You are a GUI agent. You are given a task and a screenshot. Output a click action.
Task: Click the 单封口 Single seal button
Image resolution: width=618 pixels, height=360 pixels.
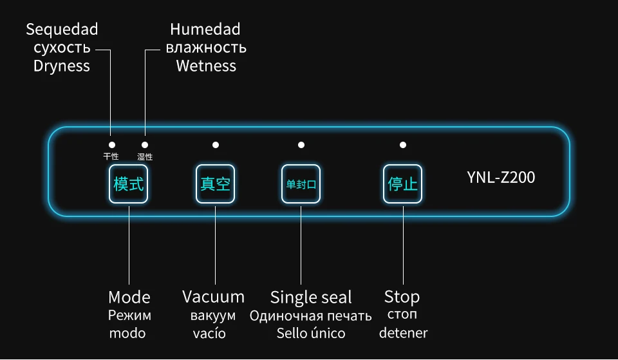301,184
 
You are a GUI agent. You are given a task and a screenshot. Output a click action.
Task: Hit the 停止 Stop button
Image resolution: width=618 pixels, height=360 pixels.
403,184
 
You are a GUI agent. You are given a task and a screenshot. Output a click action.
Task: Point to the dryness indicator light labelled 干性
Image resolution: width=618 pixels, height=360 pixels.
111,146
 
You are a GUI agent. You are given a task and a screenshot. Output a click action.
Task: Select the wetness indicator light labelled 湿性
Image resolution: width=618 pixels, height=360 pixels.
145,146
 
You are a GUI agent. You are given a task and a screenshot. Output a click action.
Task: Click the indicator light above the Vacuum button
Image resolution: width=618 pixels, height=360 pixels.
215,145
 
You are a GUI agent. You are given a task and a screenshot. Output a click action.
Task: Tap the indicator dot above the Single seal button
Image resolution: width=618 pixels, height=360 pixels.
301,145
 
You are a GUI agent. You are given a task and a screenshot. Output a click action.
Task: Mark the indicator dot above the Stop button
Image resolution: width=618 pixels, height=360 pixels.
403,145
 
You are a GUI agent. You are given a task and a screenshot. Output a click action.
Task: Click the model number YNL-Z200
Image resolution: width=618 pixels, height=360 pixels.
501,177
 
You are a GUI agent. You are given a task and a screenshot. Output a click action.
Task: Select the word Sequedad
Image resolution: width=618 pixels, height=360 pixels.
62,30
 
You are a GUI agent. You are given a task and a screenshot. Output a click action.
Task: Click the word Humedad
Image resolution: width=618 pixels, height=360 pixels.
205,30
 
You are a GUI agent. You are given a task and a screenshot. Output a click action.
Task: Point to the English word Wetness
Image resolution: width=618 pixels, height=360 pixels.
206,66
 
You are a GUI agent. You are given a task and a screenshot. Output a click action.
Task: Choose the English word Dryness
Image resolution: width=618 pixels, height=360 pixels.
62,66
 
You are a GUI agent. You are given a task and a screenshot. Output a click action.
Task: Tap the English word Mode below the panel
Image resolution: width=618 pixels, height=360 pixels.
129,297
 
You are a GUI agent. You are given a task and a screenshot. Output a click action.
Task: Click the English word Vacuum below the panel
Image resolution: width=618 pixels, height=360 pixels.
213,297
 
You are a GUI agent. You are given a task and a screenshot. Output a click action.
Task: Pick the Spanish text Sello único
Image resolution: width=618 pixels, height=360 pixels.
311,333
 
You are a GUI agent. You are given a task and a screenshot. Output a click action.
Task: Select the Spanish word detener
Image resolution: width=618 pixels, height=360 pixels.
403,333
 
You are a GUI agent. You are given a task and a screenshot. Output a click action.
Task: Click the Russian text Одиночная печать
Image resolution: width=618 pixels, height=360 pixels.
311,316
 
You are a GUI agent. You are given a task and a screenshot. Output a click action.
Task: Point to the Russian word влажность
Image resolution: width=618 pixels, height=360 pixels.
206,48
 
